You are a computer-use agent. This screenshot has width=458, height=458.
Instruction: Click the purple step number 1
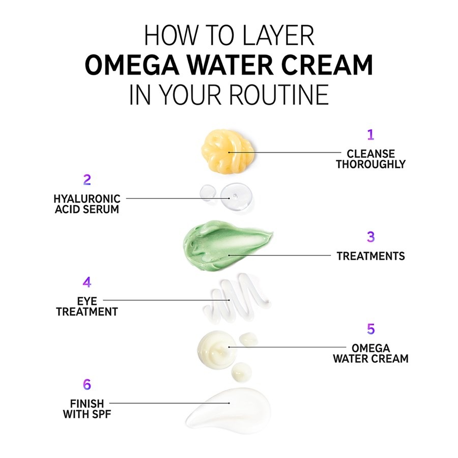(x=370, y=135)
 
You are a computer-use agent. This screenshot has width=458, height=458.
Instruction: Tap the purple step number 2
(x=87, y=180)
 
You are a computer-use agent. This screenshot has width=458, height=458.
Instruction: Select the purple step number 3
(x=370, y=237)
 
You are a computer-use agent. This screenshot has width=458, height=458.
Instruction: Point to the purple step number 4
(x=87, y=282)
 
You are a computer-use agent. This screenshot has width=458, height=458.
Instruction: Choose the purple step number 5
(x=370, y=329)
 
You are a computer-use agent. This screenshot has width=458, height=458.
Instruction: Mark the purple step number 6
(x=87, y=384)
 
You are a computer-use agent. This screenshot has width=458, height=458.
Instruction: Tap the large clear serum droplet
(x=236, y=197)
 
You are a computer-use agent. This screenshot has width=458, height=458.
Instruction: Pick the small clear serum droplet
(x=208, y=193)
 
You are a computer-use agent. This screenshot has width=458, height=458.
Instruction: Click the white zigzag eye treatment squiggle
(x=236, y=299)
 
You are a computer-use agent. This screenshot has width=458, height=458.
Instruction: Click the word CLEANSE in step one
(x=370, y=154)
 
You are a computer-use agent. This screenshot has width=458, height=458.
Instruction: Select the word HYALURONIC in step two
(x=87, y=199)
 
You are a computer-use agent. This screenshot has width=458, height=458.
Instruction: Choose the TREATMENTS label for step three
(x=370, y=256)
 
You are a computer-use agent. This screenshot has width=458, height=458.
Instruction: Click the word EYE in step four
(x=87, y=301)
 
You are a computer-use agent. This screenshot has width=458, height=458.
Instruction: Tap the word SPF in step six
(x=100, y=414)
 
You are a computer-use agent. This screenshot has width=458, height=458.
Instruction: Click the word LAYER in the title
(x=278, y=36)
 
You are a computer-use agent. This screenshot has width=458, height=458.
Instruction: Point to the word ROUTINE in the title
(x=279, y=95)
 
